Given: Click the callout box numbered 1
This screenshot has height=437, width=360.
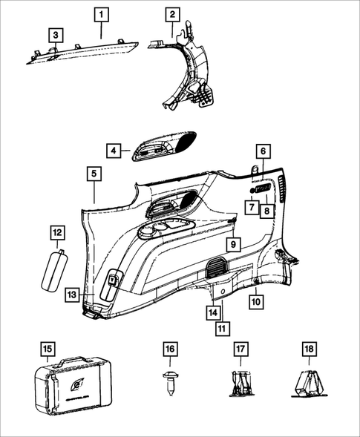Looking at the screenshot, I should click(102, 14).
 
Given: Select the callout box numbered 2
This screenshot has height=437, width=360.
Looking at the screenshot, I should click(172, 14).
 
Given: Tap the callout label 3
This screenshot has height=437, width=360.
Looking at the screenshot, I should click(56, 35).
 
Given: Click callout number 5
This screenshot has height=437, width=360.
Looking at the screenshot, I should click(94, 174).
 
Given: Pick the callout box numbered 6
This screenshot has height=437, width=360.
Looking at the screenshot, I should click(261, 151).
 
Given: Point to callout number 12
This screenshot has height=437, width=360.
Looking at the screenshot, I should click(56, 233).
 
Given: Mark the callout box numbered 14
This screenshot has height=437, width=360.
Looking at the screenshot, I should click(213, 312).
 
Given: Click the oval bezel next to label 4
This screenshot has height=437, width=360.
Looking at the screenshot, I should click(164, 145).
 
